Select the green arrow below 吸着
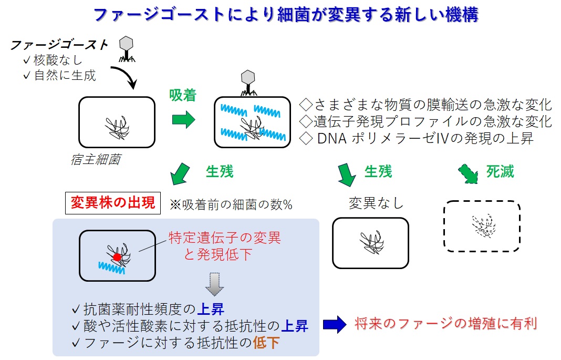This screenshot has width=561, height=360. pos(183,120)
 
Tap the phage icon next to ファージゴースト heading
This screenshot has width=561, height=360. pos(126,48)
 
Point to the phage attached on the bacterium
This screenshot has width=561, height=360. pos(248,83)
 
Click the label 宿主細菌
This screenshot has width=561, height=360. pos(95,159)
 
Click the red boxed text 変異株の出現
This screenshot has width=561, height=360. pos(113,203)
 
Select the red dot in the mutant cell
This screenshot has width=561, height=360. pos(117,257)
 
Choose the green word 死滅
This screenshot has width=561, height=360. pos(500,171)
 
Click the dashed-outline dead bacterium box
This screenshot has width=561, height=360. pos(482,227)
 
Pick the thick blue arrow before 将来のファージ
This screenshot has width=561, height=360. pos(335,324)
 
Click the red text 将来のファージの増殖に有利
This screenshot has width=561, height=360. pos(445,323)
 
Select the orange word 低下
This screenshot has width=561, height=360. pos(266,343)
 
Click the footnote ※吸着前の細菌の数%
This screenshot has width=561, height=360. pos(231,204)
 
